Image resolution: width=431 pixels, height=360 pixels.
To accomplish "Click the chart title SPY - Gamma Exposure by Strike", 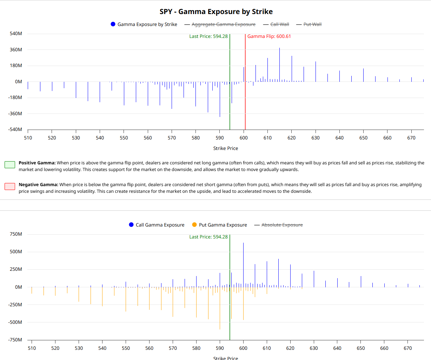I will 216,12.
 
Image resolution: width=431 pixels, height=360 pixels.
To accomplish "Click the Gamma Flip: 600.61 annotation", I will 269,36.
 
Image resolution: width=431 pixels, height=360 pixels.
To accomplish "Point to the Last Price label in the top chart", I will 208,36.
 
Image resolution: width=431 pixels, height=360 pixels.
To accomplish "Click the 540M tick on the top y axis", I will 16,34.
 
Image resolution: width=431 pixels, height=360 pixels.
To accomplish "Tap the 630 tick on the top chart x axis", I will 316,138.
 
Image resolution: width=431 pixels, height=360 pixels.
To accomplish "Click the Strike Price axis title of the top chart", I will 226,148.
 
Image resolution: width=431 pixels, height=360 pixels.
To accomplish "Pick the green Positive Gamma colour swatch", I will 10,164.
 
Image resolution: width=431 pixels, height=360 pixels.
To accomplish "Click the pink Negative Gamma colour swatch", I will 10,186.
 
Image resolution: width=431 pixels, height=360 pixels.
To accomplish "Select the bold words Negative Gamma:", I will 38,184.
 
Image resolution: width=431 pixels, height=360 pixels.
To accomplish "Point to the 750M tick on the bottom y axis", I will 16,234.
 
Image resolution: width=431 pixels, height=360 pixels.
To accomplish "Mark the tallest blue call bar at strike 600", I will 243,263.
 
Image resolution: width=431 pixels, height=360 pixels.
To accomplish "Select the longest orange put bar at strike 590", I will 220,309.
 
